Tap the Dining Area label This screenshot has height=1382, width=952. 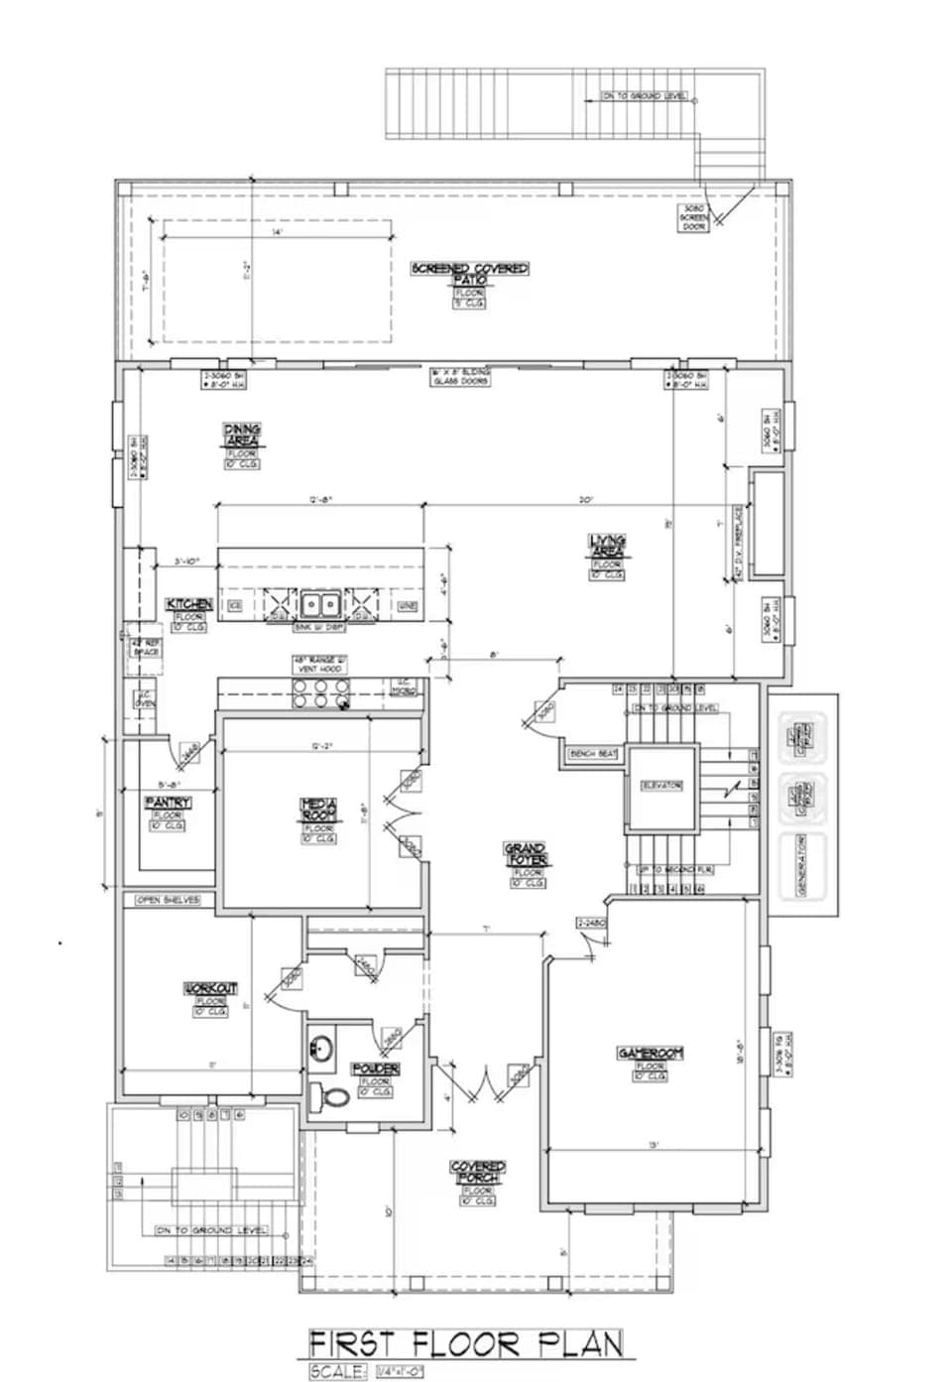click(x=242, y=436)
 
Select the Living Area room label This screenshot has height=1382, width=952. click(x=607, y=547)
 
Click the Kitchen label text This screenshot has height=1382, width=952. click(x=188, y=604)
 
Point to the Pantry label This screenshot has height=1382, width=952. click(x=168, y=802)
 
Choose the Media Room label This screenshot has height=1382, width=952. click(x=319, y=810)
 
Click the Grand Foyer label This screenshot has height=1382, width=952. click(x=526, y=854)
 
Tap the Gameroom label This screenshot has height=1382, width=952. click(x=651, y=1053)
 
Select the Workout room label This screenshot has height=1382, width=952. click(x=211, y=988)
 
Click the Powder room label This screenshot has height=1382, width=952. click(x=376, y=1068)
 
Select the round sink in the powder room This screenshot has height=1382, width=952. click(x=320, y=1048)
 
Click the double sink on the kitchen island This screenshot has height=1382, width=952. click(x=319, y=603)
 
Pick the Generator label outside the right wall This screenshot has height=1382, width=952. click(x=802, y=865)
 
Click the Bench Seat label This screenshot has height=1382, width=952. click(x=593, y=754)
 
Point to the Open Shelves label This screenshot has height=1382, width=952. click(x=168, y=900)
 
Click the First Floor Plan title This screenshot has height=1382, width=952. click(x=466, y=1344)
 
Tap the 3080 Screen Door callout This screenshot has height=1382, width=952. click(x=693, y=219)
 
